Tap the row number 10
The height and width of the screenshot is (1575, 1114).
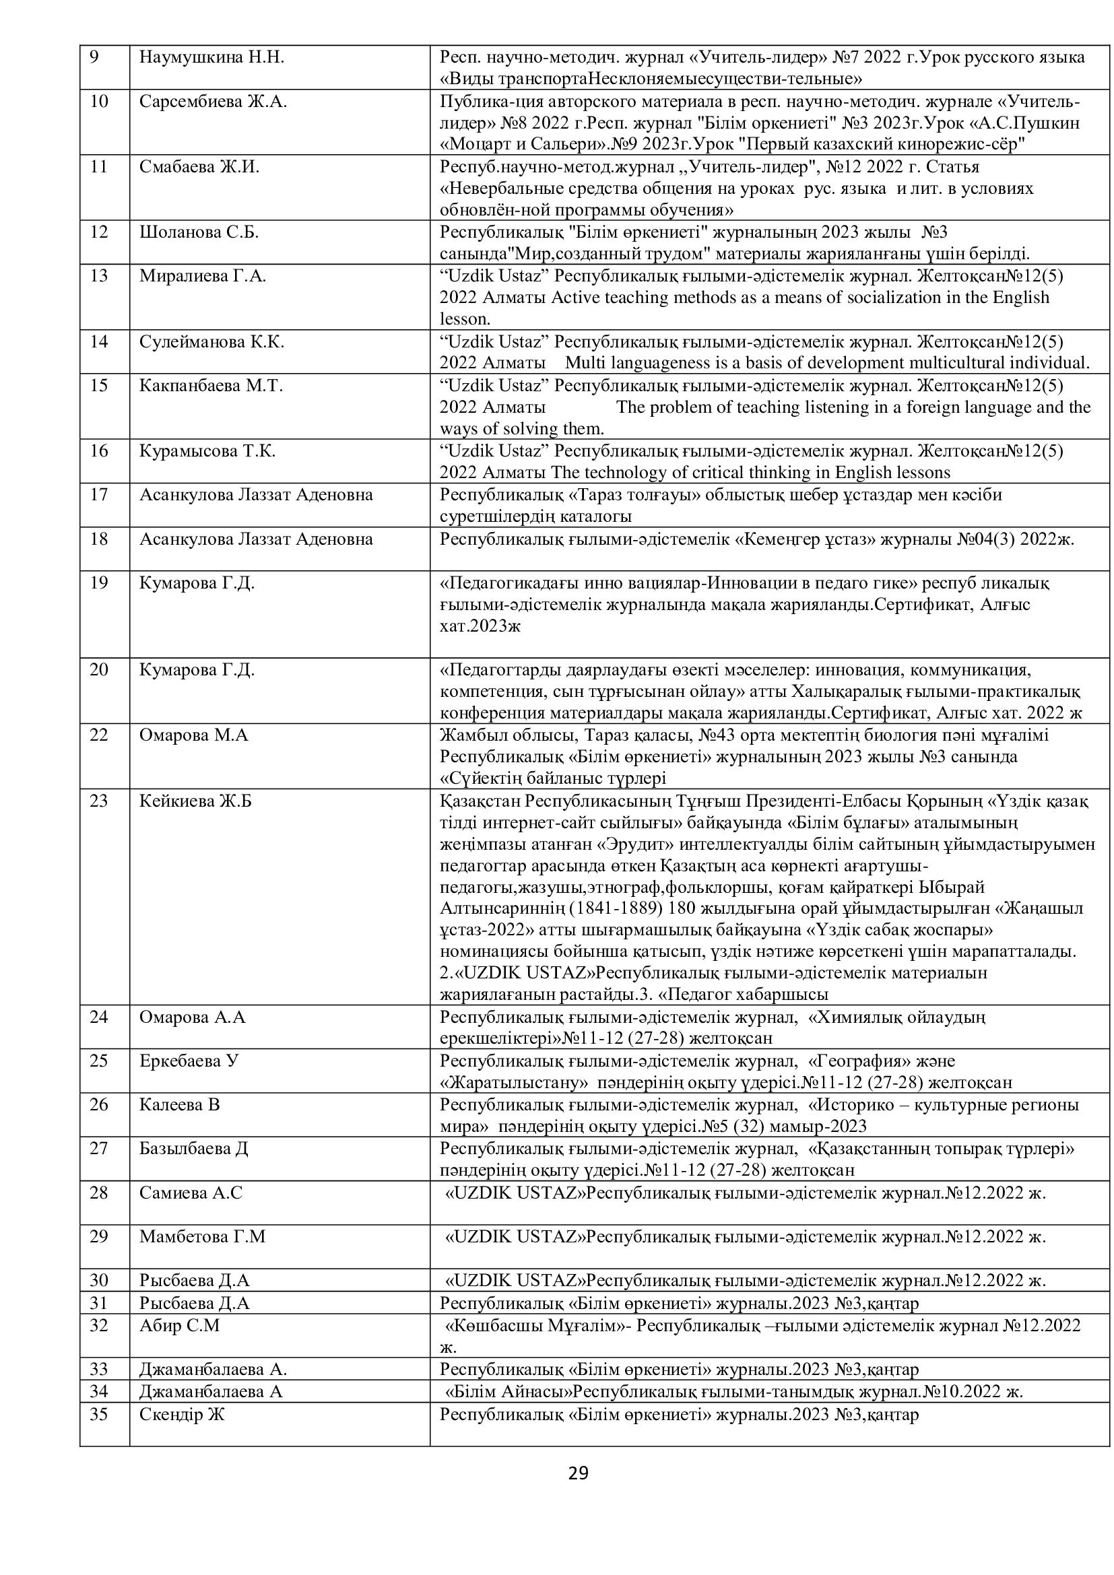click(99, 102)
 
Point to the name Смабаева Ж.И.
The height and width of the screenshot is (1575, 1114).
click(199, 167)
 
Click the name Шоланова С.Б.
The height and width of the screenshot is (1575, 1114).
click(199, 232)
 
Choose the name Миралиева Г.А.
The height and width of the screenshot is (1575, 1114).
click(202, 276)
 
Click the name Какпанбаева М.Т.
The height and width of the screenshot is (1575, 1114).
click(211, 386)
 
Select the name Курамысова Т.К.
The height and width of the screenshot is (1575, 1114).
click(207, 451)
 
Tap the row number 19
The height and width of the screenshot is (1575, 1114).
click(99, 583)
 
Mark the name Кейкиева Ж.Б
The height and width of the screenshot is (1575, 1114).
click(195, 801)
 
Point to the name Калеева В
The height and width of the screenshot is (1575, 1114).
click(180, 1105)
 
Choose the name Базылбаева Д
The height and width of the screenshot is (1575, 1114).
click(193, 1149)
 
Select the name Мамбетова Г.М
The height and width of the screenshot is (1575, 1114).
click(202, 1237)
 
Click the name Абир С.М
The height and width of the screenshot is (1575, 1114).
click(180, 1325)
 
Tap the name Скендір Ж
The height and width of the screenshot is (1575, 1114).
click(183, 1415)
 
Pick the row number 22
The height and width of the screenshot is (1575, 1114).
click(99, 735)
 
